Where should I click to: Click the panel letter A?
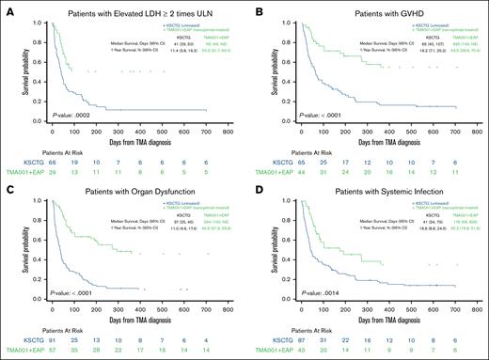click(x=6, y=8)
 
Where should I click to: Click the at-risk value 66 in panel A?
click(x=54, y=163)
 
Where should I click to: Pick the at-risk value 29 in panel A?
click(x=54, y=172)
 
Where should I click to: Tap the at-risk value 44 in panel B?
click(x=295, y=172)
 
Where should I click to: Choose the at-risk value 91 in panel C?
click(x=54, y=343)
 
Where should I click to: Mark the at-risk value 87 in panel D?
click(x=295, y=343)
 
